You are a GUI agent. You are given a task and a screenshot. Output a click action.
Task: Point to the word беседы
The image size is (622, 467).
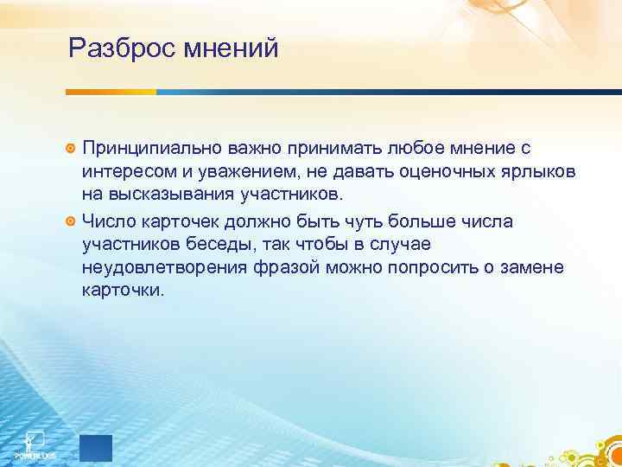point(212,245)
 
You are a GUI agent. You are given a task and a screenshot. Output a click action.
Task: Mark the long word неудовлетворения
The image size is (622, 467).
point(166,268)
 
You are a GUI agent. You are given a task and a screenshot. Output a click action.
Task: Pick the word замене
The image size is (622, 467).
point(533,268)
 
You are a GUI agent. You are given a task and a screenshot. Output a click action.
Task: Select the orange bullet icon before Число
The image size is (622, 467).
point(72,221)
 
